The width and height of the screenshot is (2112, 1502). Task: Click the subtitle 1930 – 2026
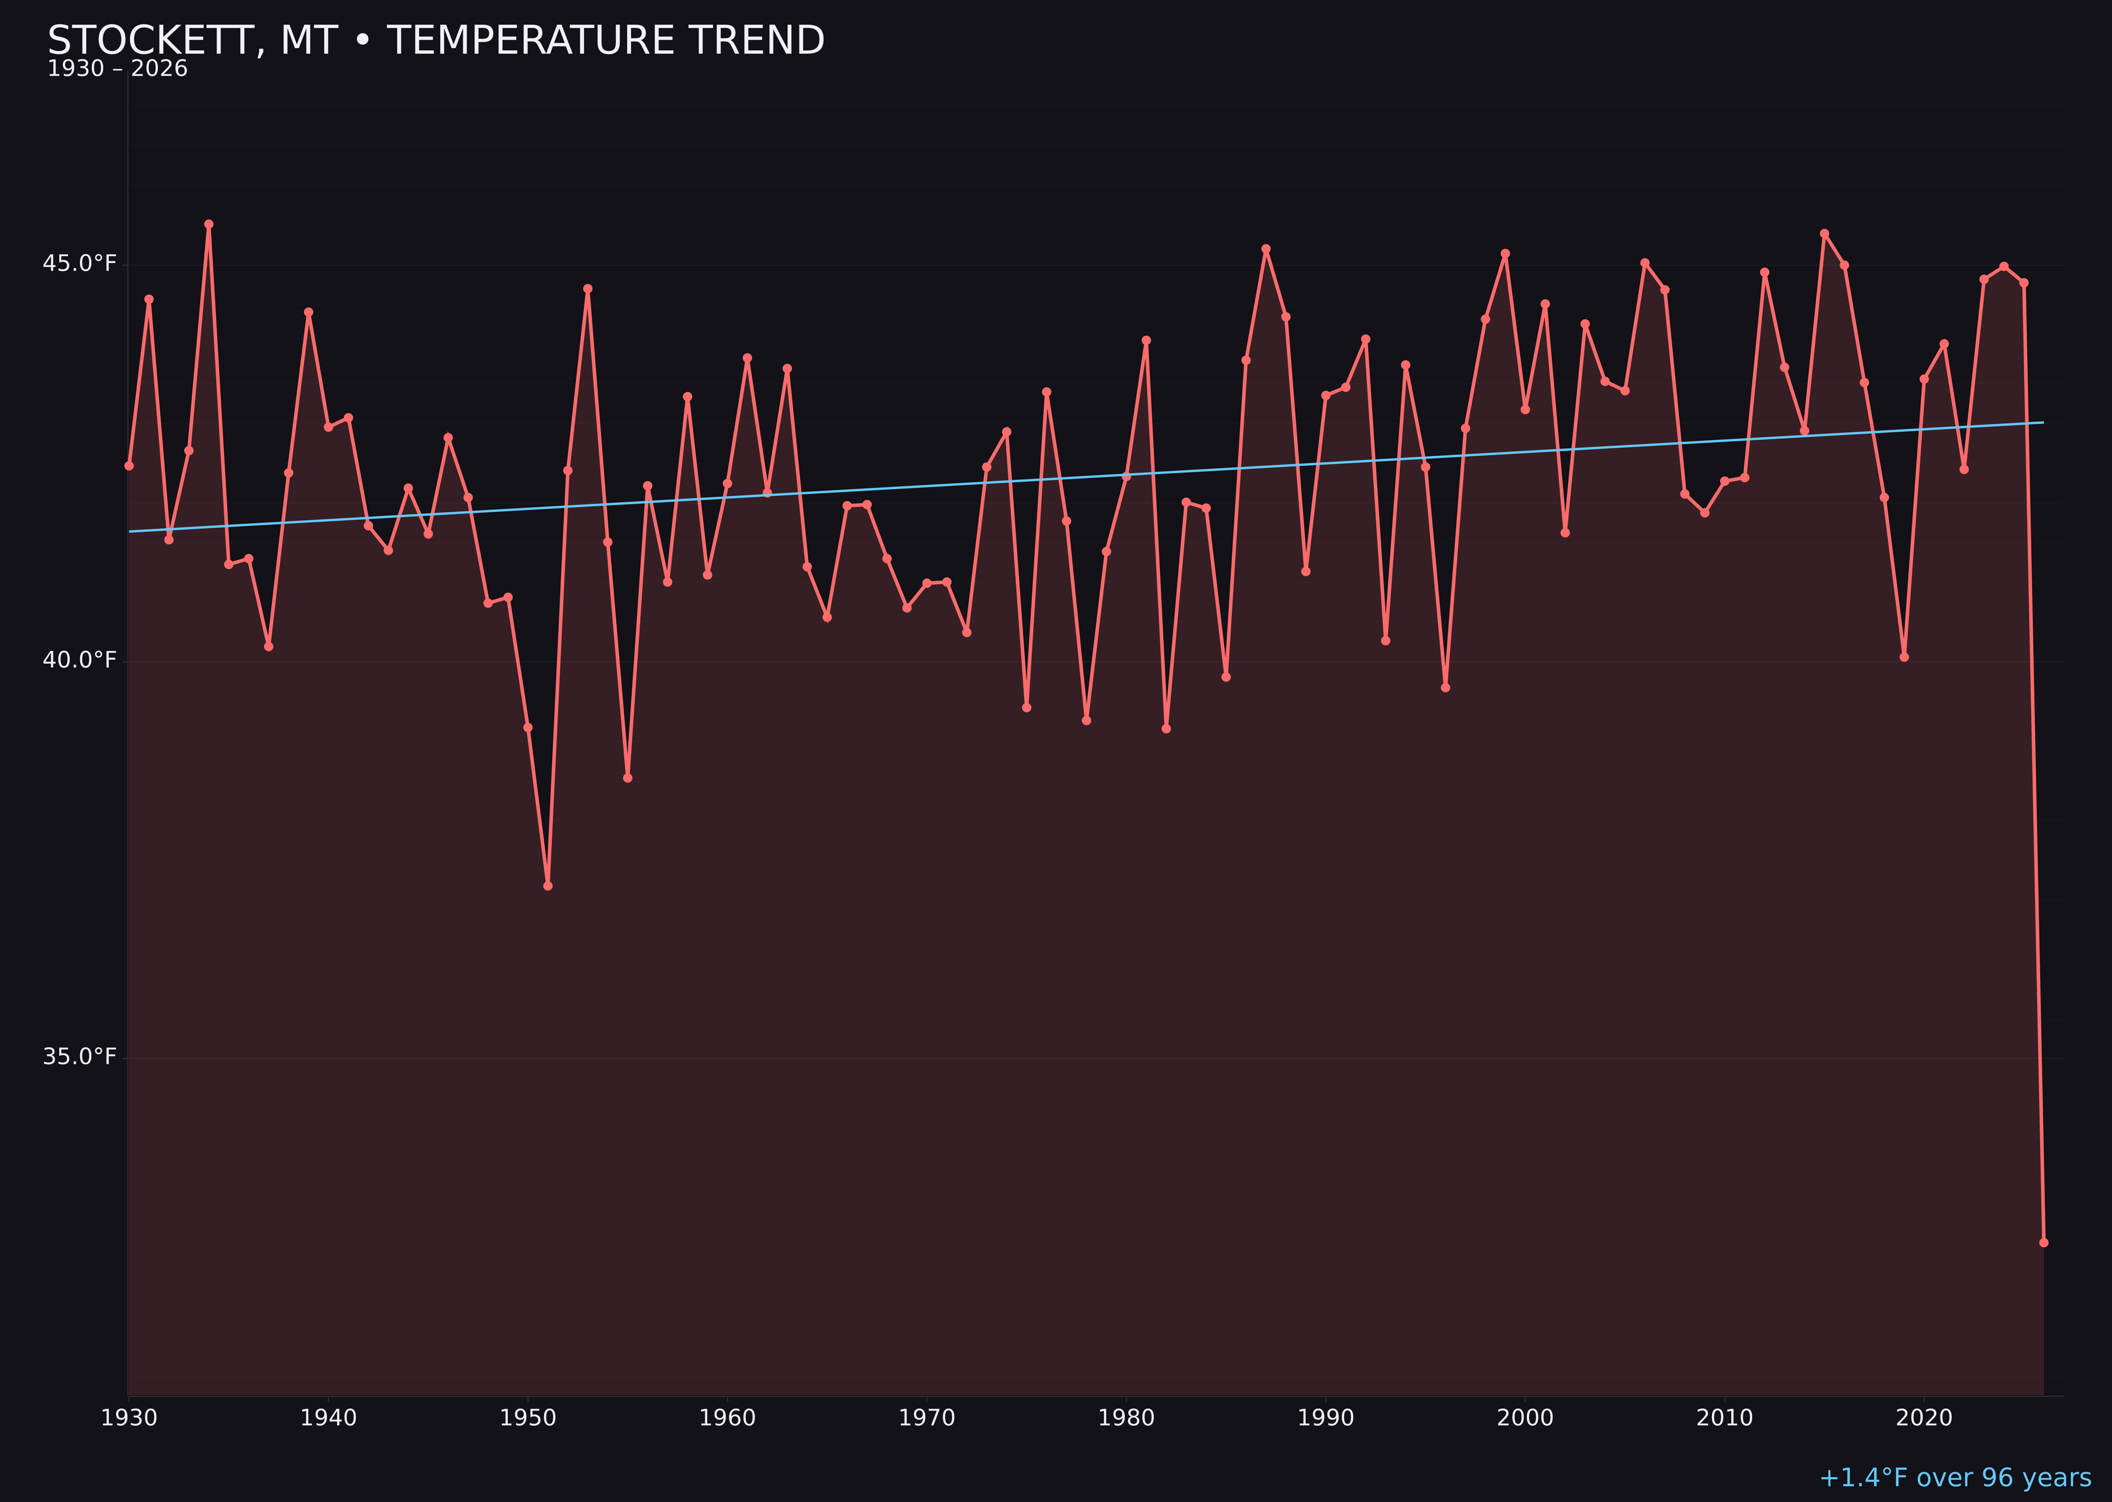117,69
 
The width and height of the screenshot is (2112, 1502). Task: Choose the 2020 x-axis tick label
1924,1419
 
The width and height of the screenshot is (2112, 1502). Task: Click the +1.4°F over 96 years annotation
1954,1478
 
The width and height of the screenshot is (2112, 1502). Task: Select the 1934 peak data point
208,224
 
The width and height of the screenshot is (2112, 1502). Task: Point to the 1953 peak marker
587,288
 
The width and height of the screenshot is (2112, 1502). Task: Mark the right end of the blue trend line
2043,423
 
